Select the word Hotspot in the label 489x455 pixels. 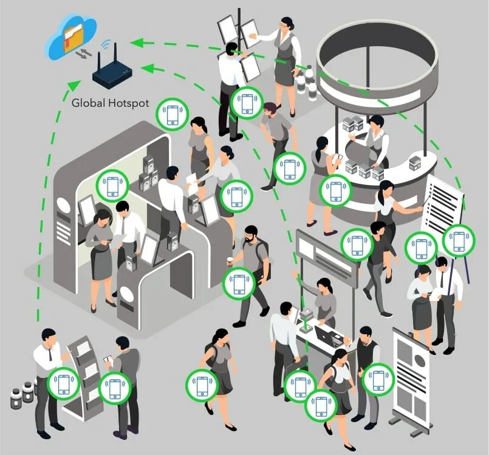click(x=129, y=103)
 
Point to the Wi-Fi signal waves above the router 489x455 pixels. click(x=108, y=47)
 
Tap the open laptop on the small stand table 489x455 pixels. click(x=331, y=336)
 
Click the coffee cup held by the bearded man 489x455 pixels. click(x=230, y=261)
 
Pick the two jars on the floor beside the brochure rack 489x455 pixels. click(x=22, y=394)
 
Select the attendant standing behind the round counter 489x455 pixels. click(x=374, y=140)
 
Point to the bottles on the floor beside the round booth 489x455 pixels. click(x=307, y=83)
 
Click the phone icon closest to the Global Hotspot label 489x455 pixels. click(x=173, y=114)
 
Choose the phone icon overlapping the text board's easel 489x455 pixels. click(x=459, y=241)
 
